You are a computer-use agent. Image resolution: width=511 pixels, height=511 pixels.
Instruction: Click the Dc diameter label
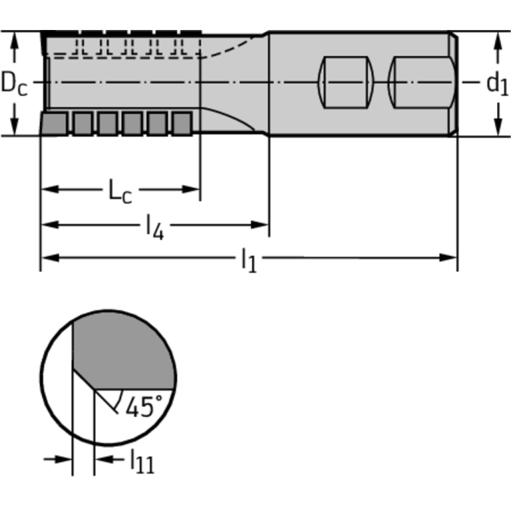[x=15, y=83]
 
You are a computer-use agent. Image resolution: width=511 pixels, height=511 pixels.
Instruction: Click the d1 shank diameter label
[x=497, y=84]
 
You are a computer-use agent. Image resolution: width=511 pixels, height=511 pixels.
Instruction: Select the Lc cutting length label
[x=120, y=191]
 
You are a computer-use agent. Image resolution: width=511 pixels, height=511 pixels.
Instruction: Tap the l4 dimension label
[x=155, y=227]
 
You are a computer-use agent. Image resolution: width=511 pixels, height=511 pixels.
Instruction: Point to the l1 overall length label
[x=249, y=260]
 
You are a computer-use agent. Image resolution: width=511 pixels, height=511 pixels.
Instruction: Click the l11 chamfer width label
[x=143, y=461]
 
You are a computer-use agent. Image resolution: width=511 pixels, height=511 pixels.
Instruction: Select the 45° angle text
[x=144, y=406]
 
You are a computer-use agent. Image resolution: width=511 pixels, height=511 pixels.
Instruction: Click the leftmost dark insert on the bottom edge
[x=54, y=123]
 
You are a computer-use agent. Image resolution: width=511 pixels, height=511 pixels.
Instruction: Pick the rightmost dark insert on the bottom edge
[x=182, y=123]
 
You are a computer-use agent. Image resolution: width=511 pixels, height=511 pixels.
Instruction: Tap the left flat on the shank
[x=346, y=82]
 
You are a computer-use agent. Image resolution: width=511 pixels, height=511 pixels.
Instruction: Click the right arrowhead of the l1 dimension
[x=448, y=258]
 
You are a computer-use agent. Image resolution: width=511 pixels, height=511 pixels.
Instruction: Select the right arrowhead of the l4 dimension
[x=259, y=225]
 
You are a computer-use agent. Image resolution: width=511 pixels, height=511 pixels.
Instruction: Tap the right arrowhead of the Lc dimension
[x=191, y=189]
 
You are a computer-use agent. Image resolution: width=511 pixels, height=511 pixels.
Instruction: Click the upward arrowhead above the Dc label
[x=15, y=41]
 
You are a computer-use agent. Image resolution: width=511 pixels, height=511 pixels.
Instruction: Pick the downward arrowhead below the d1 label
[x=498, y=127]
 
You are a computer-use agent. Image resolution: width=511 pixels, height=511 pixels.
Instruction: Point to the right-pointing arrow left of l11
[x=58, y=459]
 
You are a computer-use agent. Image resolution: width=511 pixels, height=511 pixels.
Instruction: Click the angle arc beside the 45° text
[x=120, y=399]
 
